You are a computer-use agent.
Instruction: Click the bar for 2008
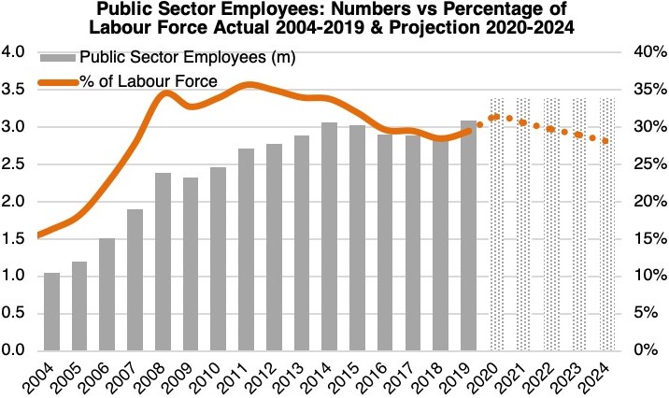point(163,262)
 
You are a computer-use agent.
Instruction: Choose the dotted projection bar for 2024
point(606,224)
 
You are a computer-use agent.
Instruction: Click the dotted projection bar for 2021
point(523,224)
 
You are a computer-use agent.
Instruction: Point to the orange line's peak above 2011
point(247,85)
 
